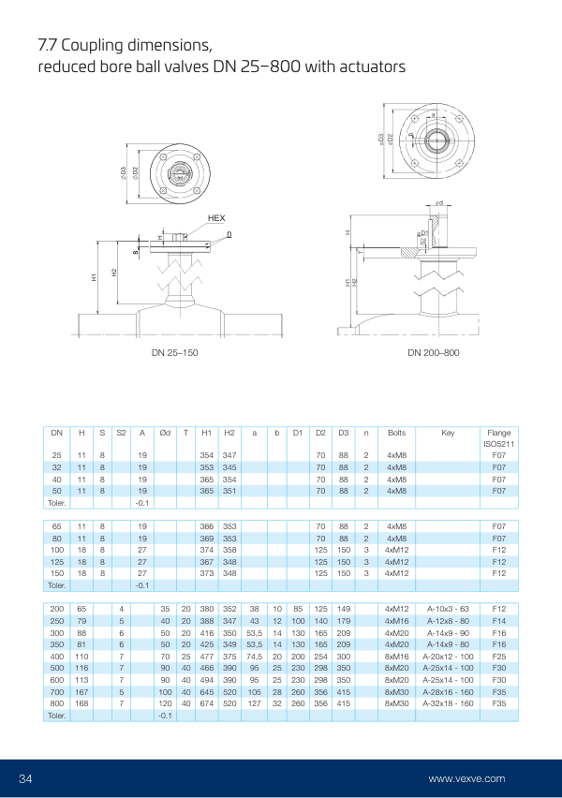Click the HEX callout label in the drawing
[216, 218]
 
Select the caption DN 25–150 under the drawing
[174, 352]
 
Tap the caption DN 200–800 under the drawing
[433, 352]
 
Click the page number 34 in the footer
[26, 778]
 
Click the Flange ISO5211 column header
[498, 437]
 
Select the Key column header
[448, 432]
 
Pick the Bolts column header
[396, 432]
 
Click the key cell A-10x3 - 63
[448, 609]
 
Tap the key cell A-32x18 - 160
[448, 702]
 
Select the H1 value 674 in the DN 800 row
[207, 702]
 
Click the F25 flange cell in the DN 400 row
[498, 656]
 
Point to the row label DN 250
[57, 620]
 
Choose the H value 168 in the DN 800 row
[81, 702]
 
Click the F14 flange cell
[498, 620]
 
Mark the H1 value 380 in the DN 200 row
[207, 609]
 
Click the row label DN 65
[57, 527]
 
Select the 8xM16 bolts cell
[396, 656]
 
